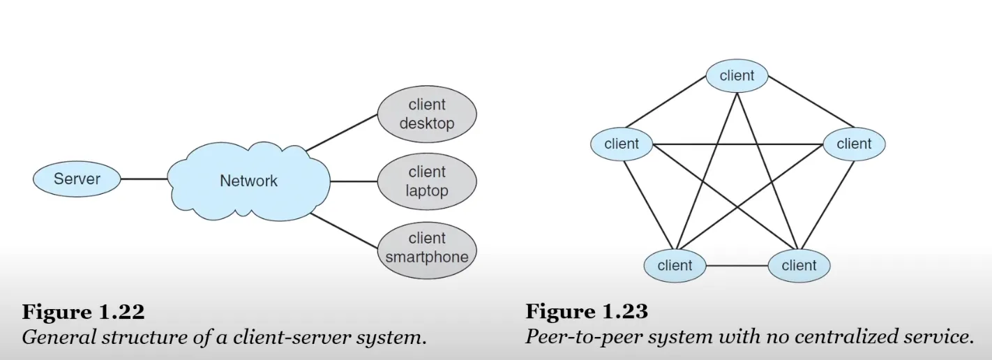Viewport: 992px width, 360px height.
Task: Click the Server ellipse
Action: coord(77,179)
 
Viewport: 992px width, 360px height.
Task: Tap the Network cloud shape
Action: coord(248,181)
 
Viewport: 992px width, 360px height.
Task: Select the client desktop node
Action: coord(427,114)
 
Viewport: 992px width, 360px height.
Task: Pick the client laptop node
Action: coord(427,181)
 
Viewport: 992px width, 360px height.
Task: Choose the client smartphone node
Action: coord(427,248)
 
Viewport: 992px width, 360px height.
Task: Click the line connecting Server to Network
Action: coord(144,179)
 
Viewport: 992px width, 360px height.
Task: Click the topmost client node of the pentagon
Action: coord(737,75)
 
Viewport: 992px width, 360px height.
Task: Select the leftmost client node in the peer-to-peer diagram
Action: coord(622,144)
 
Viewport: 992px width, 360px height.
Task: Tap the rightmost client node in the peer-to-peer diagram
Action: coord(854,144)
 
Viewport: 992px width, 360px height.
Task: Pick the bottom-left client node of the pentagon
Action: coord(675,265)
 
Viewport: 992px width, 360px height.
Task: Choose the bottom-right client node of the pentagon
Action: coord(799,265)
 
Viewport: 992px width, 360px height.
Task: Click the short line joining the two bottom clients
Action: coord(737,266)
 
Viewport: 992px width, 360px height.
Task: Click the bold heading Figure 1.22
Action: coord(83,311)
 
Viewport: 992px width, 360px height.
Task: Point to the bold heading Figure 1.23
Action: coord(586,311)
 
